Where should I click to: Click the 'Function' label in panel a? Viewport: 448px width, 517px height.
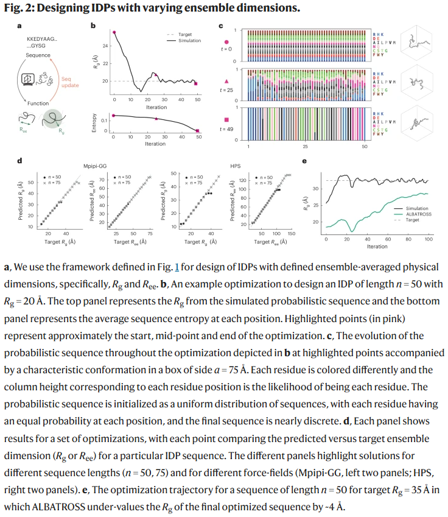click(x=38, y=104)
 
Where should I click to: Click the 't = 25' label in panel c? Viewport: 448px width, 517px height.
click(x=228, y=90)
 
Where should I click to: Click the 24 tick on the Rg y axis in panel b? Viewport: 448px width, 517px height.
click(x=105, y=46)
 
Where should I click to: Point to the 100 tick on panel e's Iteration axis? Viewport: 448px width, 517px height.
click(x=428, y=240)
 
